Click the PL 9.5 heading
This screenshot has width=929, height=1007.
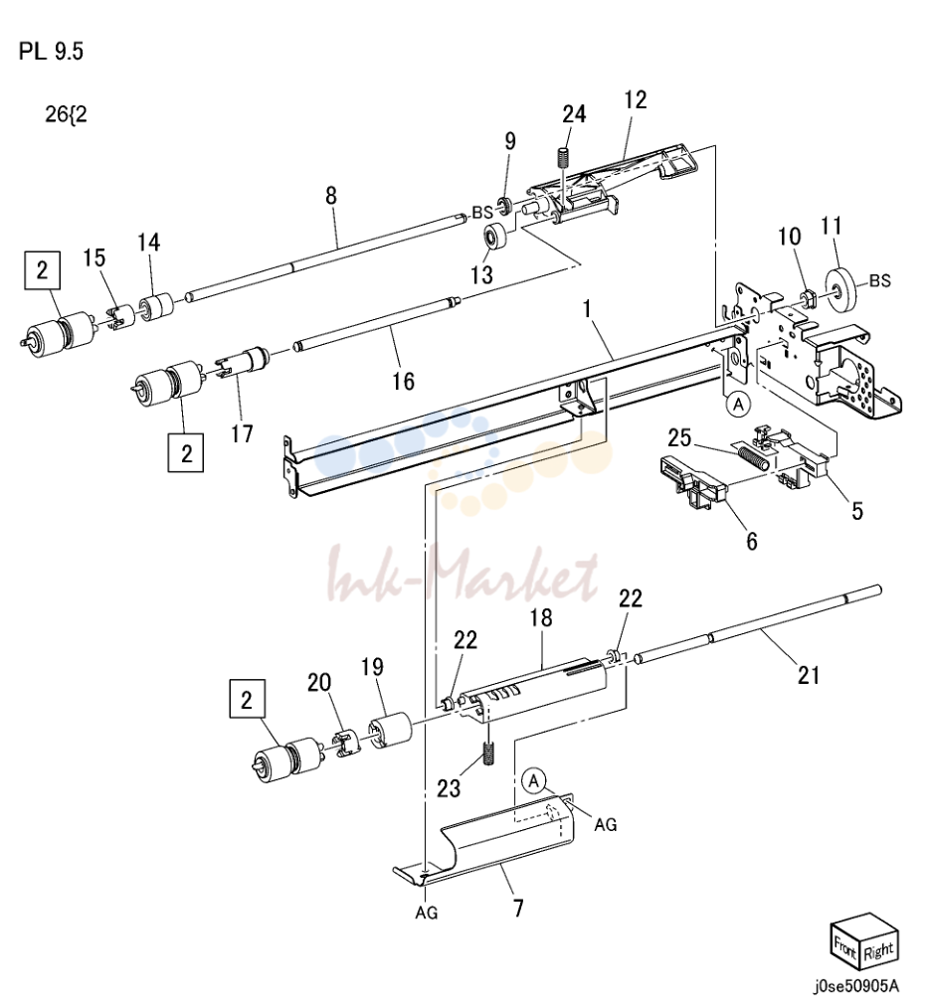(x=51, y=51)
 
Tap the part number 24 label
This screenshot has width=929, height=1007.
(x=574, y=113)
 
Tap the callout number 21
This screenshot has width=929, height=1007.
(x=809, y=675)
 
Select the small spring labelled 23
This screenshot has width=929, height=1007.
(x=488, y=754)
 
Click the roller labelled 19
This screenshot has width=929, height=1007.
(x=391, y=731)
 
